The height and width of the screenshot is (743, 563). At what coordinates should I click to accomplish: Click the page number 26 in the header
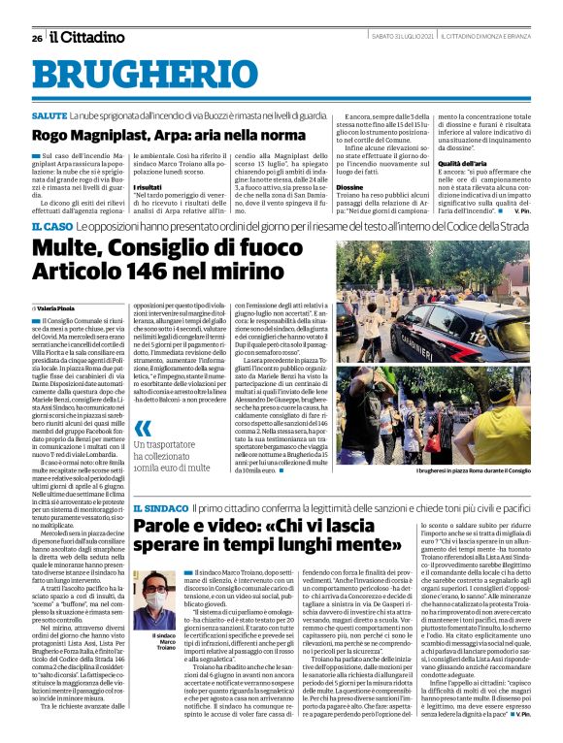[x=36, y=39]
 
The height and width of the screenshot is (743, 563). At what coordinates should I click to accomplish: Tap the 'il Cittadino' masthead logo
[x=87, y=38]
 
